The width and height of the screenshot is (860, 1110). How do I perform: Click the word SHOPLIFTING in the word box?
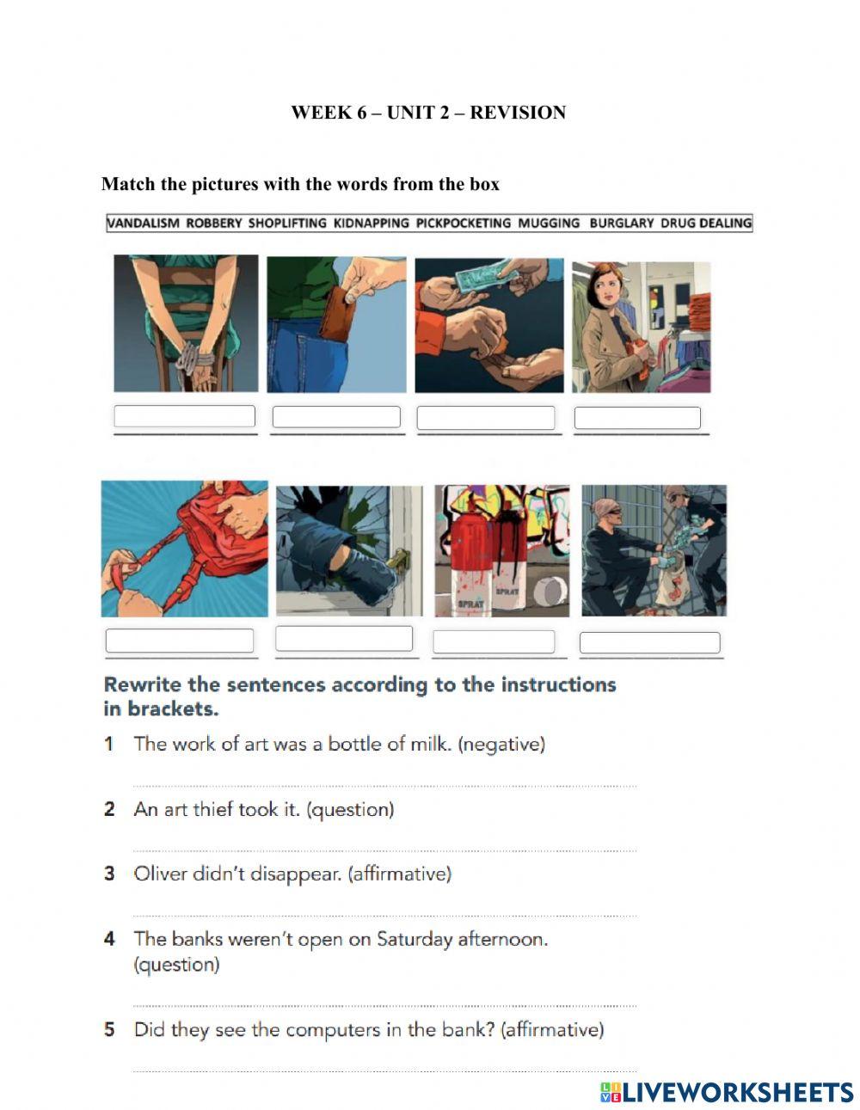point(287,224)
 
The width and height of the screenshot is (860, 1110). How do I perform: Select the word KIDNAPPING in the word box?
point(371,224)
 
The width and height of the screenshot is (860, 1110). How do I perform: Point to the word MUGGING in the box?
point(549,224)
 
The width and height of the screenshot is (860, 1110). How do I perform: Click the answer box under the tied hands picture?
point(185,416)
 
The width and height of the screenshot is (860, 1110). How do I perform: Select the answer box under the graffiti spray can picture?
point(494,641)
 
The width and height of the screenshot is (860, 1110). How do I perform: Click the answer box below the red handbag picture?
point(180,641)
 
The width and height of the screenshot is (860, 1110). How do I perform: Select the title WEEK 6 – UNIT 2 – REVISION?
point(428,113)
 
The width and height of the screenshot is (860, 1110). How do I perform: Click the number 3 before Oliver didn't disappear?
point(109,874)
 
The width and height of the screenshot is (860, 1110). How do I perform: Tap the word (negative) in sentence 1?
point(501,744)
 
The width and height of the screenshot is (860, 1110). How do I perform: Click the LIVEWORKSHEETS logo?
point(727,1092)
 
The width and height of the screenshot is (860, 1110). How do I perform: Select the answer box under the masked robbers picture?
point(649,642)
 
